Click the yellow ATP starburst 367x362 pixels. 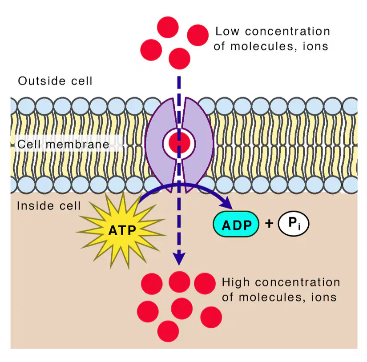tap(121, 230)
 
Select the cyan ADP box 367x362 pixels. tap(236, 224)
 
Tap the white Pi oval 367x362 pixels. tap(294, 224)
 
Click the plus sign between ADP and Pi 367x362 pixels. tap(269, 224)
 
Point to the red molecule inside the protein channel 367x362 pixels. tap(179, 143)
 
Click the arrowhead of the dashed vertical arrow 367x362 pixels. tap(179, 259)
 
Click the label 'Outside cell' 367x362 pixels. tap(55, 81)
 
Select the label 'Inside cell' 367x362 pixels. tap(48, 206)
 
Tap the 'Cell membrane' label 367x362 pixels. tap(63, 144)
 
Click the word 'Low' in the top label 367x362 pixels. tap(227, 32)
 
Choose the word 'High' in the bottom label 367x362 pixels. tap(235, 282)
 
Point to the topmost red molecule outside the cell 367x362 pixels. tap(168, 27)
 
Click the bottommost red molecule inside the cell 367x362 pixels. tap(168, 331)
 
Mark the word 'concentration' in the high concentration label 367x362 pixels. tap(298, 282)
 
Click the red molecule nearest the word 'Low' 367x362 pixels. tap(198, 35)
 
